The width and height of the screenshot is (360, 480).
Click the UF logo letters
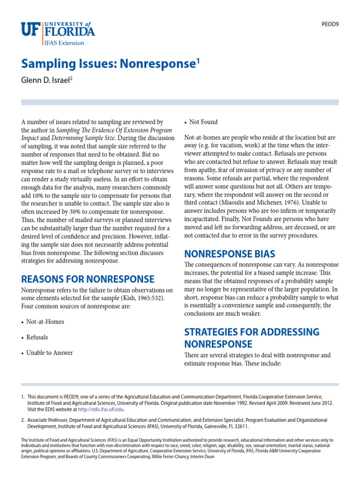point(31,30)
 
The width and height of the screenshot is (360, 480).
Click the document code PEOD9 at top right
point(329,23)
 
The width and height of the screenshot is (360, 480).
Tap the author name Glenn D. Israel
point(45,81)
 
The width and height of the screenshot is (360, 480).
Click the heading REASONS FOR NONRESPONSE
point(88,279)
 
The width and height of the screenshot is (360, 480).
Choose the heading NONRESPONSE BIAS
point(230,254)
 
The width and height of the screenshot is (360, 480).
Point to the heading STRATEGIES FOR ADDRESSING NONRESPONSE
point(252,337)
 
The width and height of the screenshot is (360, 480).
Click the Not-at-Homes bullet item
point(45,322)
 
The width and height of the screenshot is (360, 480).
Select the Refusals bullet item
point(37,337)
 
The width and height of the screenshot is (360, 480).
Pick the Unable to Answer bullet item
point(49,352)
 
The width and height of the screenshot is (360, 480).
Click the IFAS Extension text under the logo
point(64,43)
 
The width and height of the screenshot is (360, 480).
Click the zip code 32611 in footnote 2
point(240,427)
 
